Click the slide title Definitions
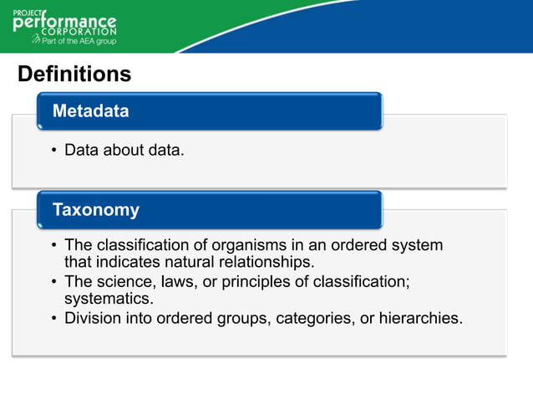[74, 74]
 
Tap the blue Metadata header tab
[209, 111]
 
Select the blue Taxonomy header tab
[209, 209]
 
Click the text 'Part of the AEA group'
[79, 40]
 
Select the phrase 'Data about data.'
[124, 151]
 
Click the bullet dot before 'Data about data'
[53, 151]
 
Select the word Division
[92, 318]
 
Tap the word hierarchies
[420, 318]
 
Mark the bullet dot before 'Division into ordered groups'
[53, 319]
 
